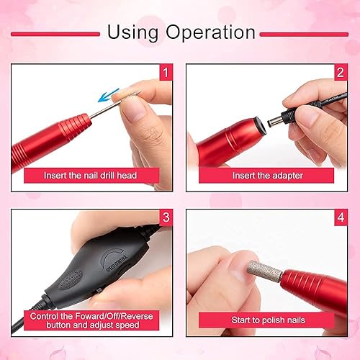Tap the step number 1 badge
tap(165, 72)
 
